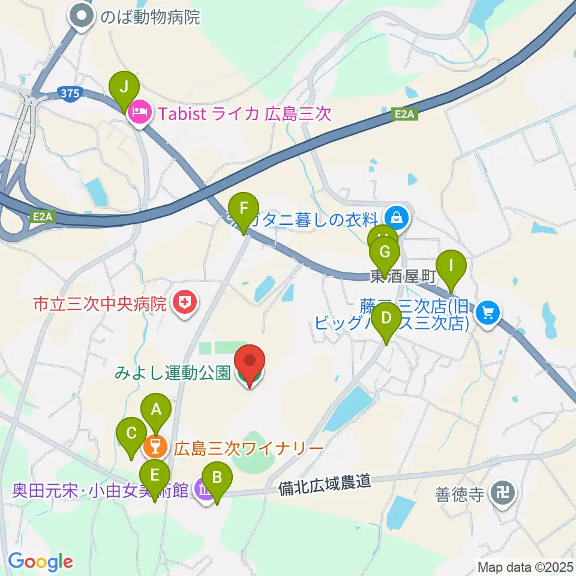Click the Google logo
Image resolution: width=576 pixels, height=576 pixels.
41,562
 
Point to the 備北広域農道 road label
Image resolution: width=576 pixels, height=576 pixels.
325,482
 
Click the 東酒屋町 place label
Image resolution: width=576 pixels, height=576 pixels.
401,277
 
